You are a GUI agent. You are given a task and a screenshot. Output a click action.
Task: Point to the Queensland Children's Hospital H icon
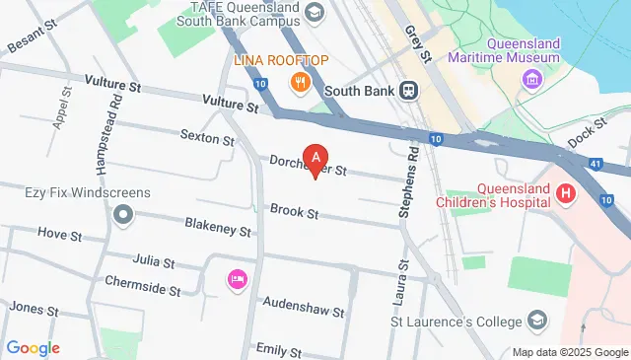(x=565, y=194)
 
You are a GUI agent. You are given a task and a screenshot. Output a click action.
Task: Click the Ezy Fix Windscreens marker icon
(x=122, y=213)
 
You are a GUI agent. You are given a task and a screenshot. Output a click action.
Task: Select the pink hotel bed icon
(x=236, y=280)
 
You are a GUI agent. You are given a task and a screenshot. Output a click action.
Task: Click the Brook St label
(x=294, y=212)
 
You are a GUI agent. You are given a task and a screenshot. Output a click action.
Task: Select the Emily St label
(x=277, y=350)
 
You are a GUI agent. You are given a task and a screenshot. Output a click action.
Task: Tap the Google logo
(x=33, y=347)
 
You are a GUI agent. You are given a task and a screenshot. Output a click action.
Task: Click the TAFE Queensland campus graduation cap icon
(x=315, y=12)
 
